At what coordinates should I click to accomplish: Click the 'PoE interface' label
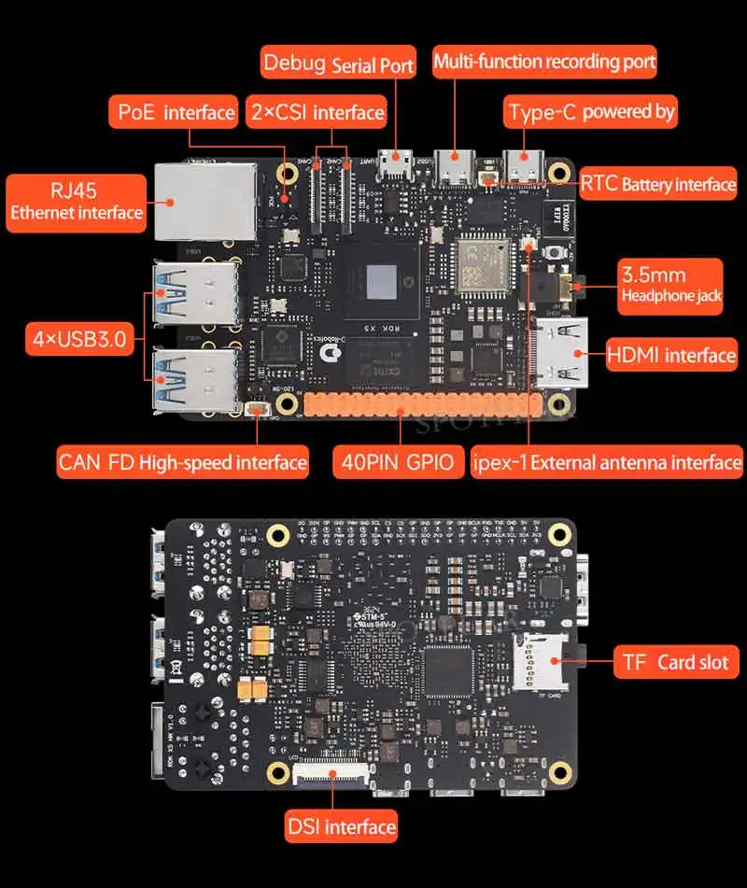tap(176, 113)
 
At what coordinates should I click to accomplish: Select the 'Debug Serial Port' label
tap(338, 64)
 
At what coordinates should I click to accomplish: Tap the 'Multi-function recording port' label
tap(544, 63)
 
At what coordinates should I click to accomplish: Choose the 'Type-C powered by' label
tap(591, 112)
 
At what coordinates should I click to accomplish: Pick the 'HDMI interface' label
tap(670, 355)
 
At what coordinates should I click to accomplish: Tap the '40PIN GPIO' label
tap(398, 461)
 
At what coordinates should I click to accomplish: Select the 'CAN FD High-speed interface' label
tap(182, 461)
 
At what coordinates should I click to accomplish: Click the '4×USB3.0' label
tap(78, 338)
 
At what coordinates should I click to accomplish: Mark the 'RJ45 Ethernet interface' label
tap(76, 202)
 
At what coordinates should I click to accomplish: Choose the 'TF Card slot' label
tap(675, 662)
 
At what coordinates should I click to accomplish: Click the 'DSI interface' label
tap(341, 826)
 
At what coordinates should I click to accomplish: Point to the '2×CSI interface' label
tap(317, 113)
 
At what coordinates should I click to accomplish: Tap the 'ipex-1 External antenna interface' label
tap(607, 461)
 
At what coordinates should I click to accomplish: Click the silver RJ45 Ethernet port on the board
tap(204, 198)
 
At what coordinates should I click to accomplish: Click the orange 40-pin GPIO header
tap(421, 404)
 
